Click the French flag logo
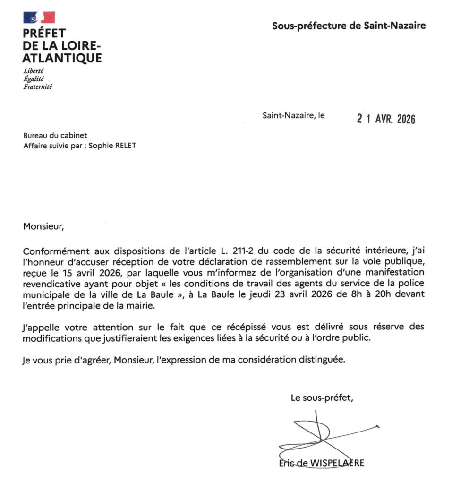click(x=39, y=17)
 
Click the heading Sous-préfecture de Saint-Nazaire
click(x=349, y=26)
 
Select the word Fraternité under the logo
click(x=38, y=86)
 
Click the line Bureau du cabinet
click(x=55, y=136)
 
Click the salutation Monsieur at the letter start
click(x=43, y=226)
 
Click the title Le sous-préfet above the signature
click(x=322, y=398)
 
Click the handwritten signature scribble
click(x=321, y=435)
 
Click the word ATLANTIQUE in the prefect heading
click(x=62, y=58)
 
